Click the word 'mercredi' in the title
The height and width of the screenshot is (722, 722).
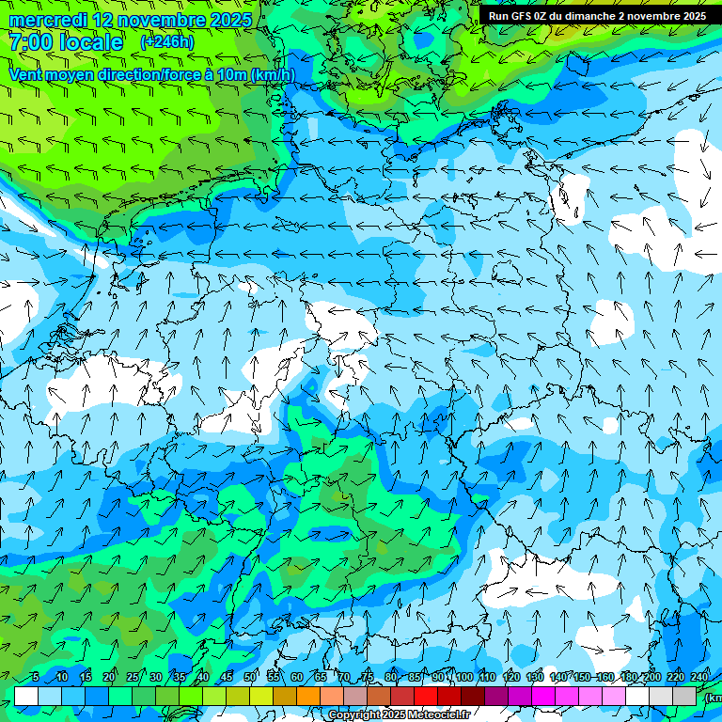(x=47, y=20)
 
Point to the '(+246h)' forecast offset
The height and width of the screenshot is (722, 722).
(x=167, y=42)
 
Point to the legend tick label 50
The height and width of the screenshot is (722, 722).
(x=250, y=677)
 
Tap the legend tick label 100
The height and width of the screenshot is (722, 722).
(x=463, y=677)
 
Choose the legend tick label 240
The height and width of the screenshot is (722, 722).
(x=699, y=677)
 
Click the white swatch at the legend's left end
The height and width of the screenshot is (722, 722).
(x=26, y=696)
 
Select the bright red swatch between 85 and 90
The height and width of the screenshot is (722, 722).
(x=426, y=696)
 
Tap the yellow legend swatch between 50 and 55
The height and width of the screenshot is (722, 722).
(x=261, y=696)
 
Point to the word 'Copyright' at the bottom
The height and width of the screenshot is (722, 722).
(x=354, y=715)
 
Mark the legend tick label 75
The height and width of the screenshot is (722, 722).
(x=368, y=677)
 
